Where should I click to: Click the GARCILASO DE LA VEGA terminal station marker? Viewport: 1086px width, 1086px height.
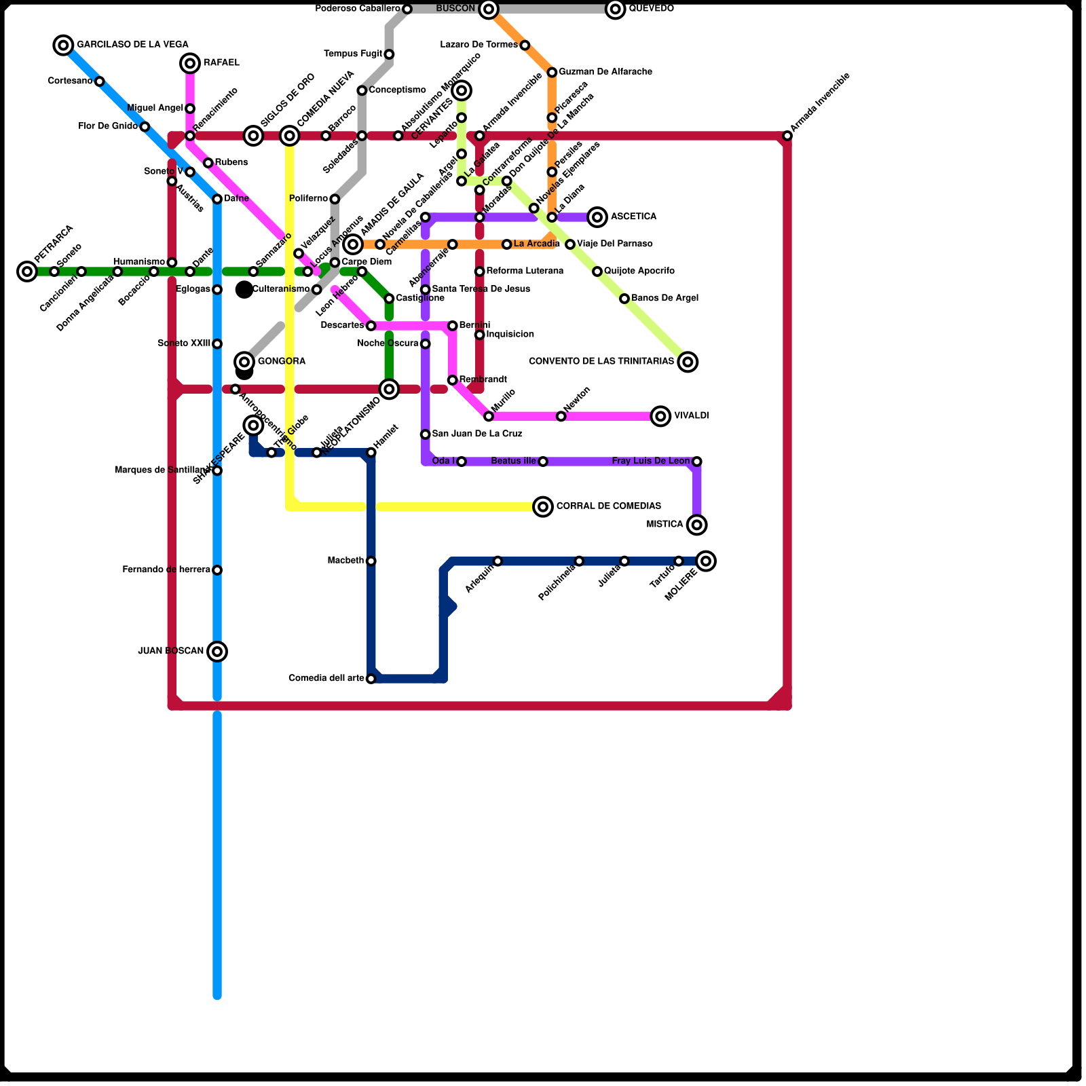tap(63, 45)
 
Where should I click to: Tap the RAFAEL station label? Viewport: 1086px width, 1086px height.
tap(221, 63)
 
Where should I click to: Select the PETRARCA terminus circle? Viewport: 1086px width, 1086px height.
tap(27, 271)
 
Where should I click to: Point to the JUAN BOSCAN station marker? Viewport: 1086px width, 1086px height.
tap(217, 652)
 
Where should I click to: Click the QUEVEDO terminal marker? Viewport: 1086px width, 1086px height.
tap(616, 9)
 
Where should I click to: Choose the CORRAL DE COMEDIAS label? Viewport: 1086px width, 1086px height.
tap(608, 506)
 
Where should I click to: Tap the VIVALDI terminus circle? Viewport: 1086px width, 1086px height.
tap(660, 416)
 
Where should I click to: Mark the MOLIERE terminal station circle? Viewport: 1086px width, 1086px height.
tap(706, 561)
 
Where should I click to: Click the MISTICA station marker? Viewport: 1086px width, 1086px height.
tap(696, 525)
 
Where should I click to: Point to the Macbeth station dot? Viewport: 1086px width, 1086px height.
tap(371, 561)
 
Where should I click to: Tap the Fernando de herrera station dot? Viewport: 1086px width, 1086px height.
tap(217, 570)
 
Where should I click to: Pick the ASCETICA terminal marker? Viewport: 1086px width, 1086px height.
tap(597, 217)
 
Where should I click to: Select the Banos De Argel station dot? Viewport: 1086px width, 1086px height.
tap(624, 299)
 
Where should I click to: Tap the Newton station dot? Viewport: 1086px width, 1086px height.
tap(561, 416)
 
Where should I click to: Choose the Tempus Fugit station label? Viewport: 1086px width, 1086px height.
tap(353, 54)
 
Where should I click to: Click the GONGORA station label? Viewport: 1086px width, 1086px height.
tap(282, 362)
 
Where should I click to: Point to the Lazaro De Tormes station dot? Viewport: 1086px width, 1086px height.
tap(525, 45)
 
